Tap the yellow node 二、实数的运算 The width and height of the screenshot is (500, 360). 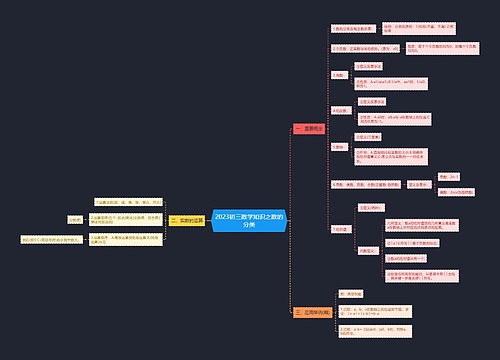click(x=187, y=221)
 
